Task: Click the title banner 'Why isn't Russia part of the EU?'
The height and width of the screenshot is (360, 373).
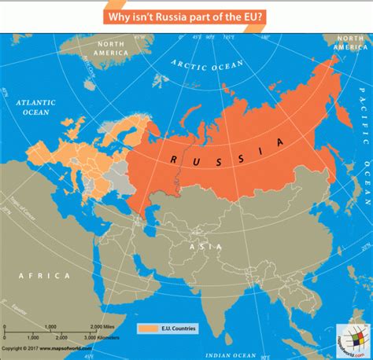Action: coord(187,17)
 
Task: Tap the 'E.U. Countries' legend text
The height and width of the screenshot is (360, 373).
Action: coord(177,328)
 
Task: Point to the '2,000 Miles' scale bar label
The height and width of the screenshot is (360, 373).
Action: coord(102,325)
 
